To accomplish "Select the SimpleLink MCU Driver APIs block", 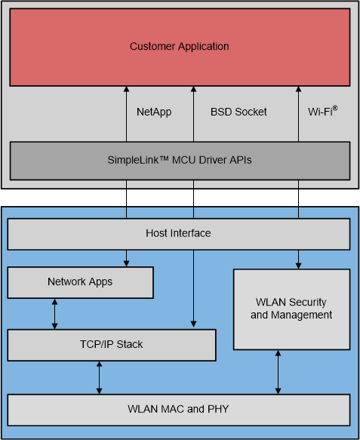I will point(179,159).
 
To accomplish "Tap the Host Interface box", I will point(179,234).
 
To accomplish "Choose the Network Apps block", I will point(80,282).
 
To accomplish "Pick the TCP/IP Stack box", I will point(111,345).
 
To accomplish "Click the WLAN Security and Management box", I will point(291,309).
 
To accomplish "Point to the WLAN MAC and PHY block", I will point(179,410).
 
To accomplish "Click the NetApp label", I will point(154,112).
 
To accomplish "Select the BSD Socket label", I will point(238,112).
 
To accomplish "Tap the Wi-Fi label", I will point(320,112).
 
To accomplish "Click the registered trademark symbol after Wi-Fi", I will point(334,108).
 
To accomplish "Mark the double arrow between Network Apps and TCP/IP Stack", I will point(54,314).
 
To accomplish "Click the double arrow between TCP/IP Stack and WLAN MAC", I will point(100,377).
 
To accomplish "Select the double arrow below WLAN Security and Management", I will point(278,372).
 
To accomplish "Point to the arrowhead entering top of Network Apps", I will point(126,263).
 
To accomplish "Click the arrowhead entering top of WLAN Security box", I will point(298,266).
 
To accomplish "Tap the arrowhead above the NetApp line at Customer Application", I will point(126,90).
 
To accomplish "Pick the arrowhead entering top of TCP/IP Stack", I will point(193,325).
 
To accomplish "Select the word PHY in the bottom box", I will point(219,410).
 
